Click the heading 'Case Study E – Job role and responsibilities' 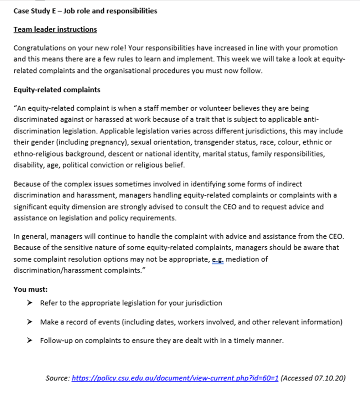tap(85, 11)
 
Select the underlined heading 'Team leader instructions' tap(55, 30)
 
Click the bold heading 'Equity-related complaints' tap(57, 90)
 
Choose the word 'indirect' tap(289, 184)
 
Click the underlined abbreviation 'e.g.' tap(217, 259)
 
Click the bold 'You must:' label tap(30, 289)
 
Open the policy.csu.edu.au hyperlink tap(175, 378)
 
